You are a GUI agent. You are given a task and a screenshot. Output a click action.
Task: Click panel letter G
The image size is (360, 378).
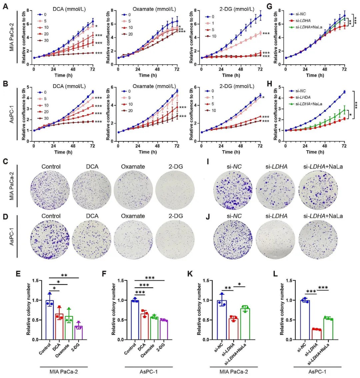270,6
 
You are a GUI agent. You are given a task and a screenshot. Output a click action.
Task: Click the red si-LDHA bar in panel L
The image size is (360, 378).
316,334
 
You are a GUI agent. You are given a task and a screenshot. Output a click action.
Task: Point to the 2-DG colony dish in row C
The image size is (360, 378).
175,190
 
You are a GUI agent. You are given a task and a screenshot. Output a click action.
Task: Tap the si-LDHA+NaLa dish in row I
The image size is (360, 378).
318,190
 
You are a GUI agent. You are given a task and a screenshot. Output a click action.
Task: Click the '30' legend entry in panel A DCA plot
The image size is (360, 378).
43,41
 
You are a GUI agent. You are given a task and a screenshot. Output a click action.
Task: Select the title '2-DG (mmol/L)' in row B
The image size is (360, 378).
237,86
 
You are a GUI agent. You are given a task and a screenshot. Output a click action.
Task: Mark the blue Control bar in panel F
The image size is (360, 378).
135,320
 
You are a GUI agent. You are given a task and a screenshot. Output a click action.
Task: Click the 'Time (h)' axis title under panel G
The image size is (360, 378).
315,75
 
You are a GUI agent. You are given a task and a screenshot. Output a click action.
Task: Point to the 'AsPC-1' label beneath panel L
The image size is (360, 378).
317,372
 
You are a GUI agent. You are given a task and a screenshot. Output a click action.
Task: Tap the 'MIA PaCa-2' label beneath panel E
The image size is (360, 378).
64,372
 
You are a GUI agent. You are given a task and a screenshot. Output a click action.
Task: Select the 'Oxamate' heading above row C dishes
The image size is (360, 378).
133,167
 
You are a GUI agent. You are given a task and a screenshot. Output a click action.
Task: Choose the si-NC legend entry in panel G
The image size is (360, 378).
298,14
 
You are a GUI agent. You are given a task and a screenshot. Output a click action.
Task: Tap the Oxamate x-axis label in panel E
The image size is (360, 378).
62,351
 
